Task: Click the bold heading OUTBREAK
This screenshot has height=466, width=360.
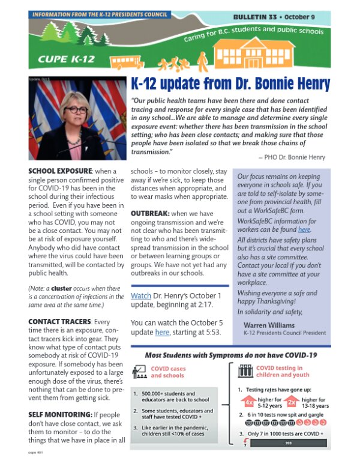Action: tap(152, 213)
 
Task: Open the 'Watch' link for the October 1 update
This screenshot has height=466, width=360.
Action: tap(141, 296)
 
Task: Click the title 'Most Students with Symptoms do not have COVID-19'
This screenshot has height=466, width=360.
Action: tap(231, 356)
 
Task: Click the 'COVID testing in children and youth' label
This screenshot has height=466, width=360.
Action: tap(279, 371)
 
